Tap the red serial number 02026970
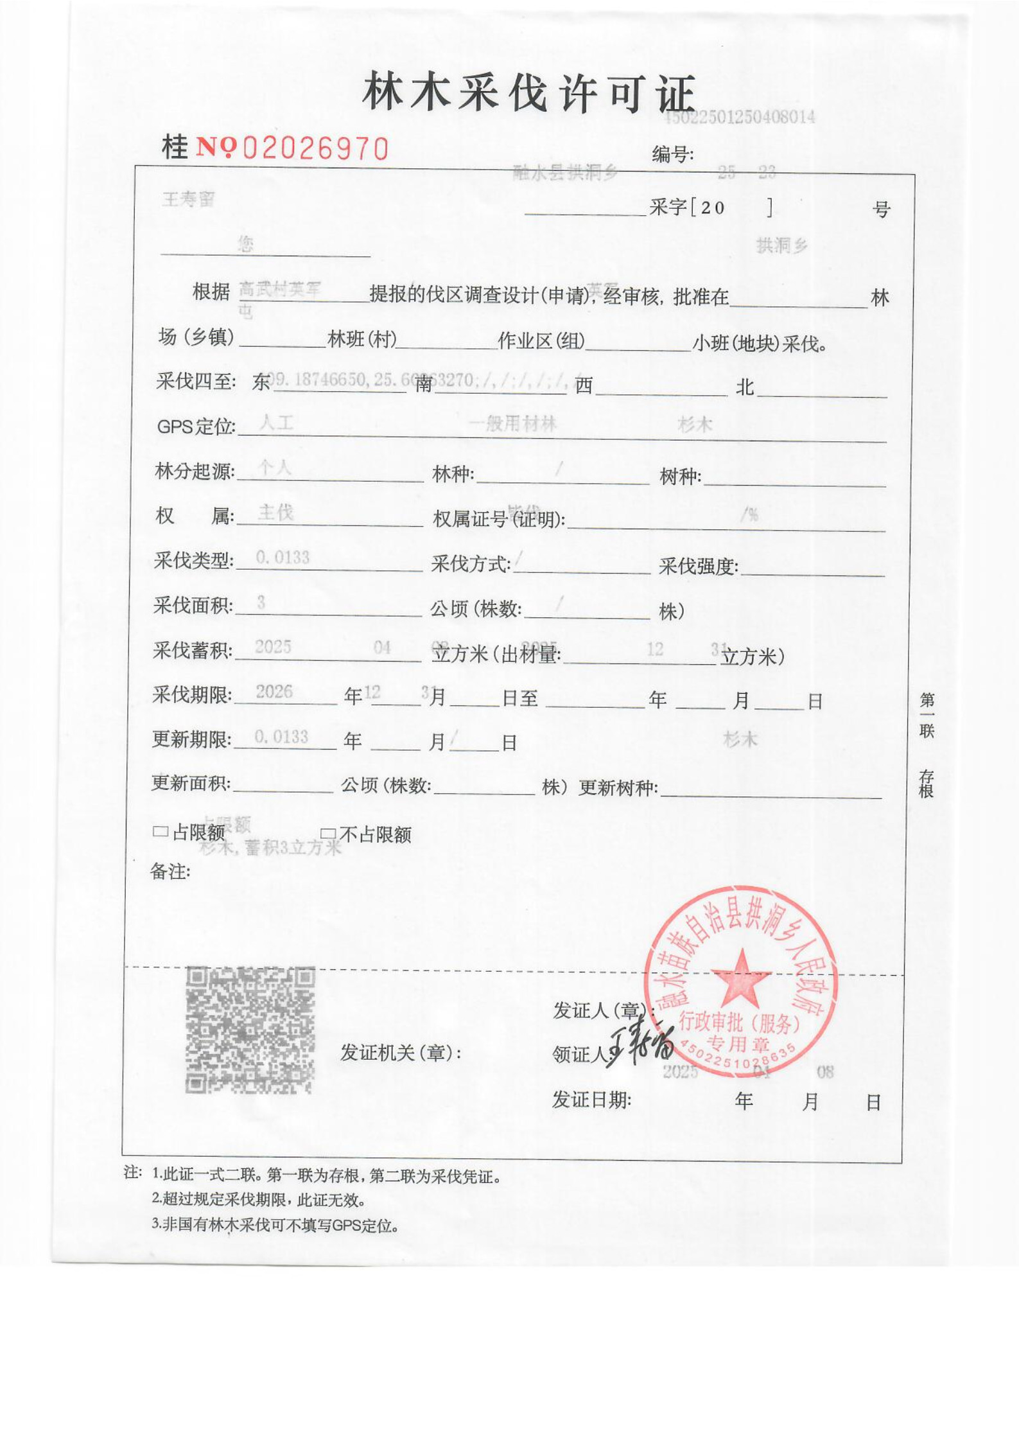point(315,149)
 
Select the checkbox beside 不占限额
point(328,834)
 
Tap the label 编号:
point(672,155)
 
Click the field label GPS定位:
point(196,426)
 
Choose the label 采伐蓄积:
point(193,651)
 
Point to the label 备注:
point(170,872)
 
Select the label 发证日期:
point(591,1100)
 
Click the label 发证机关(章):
point(400,1053)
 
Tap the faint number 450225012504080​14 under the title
point(740,118)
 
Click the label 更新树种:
point(618,787)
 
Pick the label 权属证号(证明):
point(499,520)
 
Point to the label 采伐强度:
point(698,566)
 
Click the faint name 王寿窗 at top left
point(188,200)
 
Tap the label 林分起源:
point(195,471)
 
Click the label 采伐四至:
point(196,382)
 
